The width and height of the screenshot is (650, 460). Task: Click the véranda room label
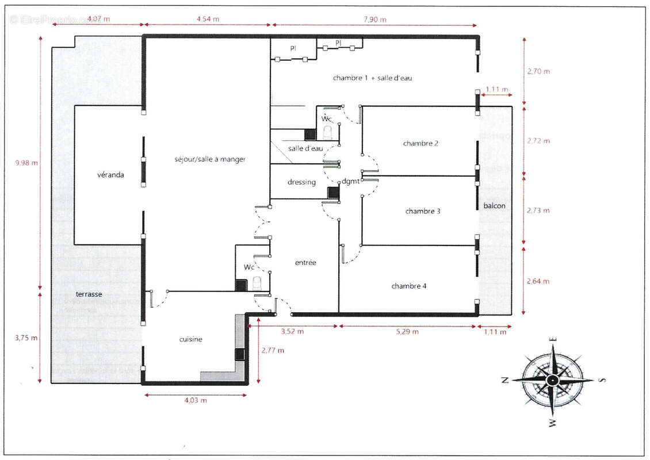click(x=110, y=174)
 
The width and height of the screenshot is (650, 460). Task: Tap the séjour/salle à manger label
click(x=209, y=159)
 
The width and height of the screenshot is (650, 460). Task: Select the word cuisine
click(x=190, y=339)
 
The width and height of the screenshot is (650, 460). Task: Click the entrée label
click(x=305, y=263)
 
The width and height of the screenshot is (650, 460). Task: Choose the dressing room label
click(x=301, y=182)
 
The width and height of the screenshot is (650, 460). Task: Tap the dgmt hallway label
click(x=350, y=182)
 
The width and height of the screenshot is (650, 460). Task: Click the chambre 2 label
click(x=420, y=144)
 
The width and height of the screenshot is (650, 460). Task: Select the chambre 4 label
click(x=409, y=286)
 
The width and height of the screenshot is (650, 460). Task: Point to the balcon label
click(x=495, y=205)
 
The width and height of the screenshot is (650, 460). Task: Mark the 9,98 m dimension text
click(x=26, y=163)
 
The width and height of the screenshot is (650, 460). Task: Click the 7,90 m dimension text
click(x=374, y=19)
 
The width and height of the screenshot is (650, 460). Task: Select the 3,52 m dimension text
click(x=292, y=332)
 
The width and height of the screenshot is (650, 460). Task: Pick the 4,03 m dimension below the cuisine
click(x=195, y=400)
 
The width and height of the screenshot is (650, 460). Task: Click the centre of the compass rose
click(x=552, y=380)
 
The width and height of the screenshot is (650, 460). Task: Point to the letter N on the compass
click(x=504, y=380)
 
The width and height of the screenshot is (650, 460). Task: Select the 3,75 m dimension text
click(x=26, y=338)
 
